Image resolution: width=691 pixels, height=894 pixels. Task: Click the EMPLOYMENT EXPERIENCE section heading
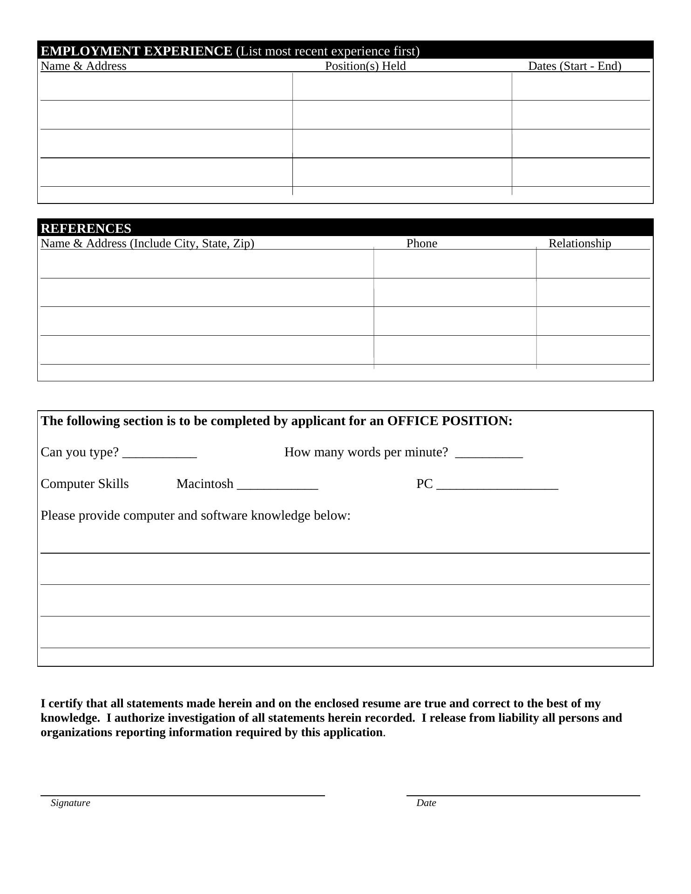(136, 51)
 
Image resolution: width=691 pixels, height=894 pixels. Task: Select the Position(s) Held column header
(365, 66)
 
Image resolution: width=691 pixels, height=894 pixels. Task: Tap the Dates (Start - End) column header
(574, 66)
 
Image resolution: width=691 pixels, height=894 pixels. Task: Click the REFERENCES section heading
(86, 228)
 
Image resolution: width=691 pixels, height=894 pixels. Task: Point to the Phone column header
(421, 244)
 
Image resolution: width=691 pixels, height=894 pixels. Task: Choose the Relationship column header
(579, 244)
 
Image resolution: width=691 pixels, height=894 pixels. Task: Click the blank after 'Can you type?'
(160, 454)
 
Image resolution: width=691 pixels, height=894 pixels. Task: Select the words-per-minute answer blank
(489, 454)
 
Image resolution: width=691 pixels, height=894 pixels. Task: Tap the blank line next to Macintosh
(278, 486)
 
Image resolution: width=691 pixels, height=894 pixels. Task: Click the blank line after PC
(498, 486)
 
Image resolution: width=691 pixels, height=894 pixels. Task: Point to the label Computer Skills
(85, 484)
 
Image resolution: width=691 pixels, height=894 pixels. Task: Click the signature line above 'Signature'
(183, 795)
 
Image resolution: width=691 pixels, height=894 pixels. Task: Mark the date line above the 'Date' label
(523, 795)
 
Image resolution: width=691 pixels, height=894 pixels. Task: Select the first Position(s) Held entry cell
(402, 87)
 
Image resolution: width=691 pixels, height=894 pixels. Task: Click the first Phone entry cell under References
(454, 264)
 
